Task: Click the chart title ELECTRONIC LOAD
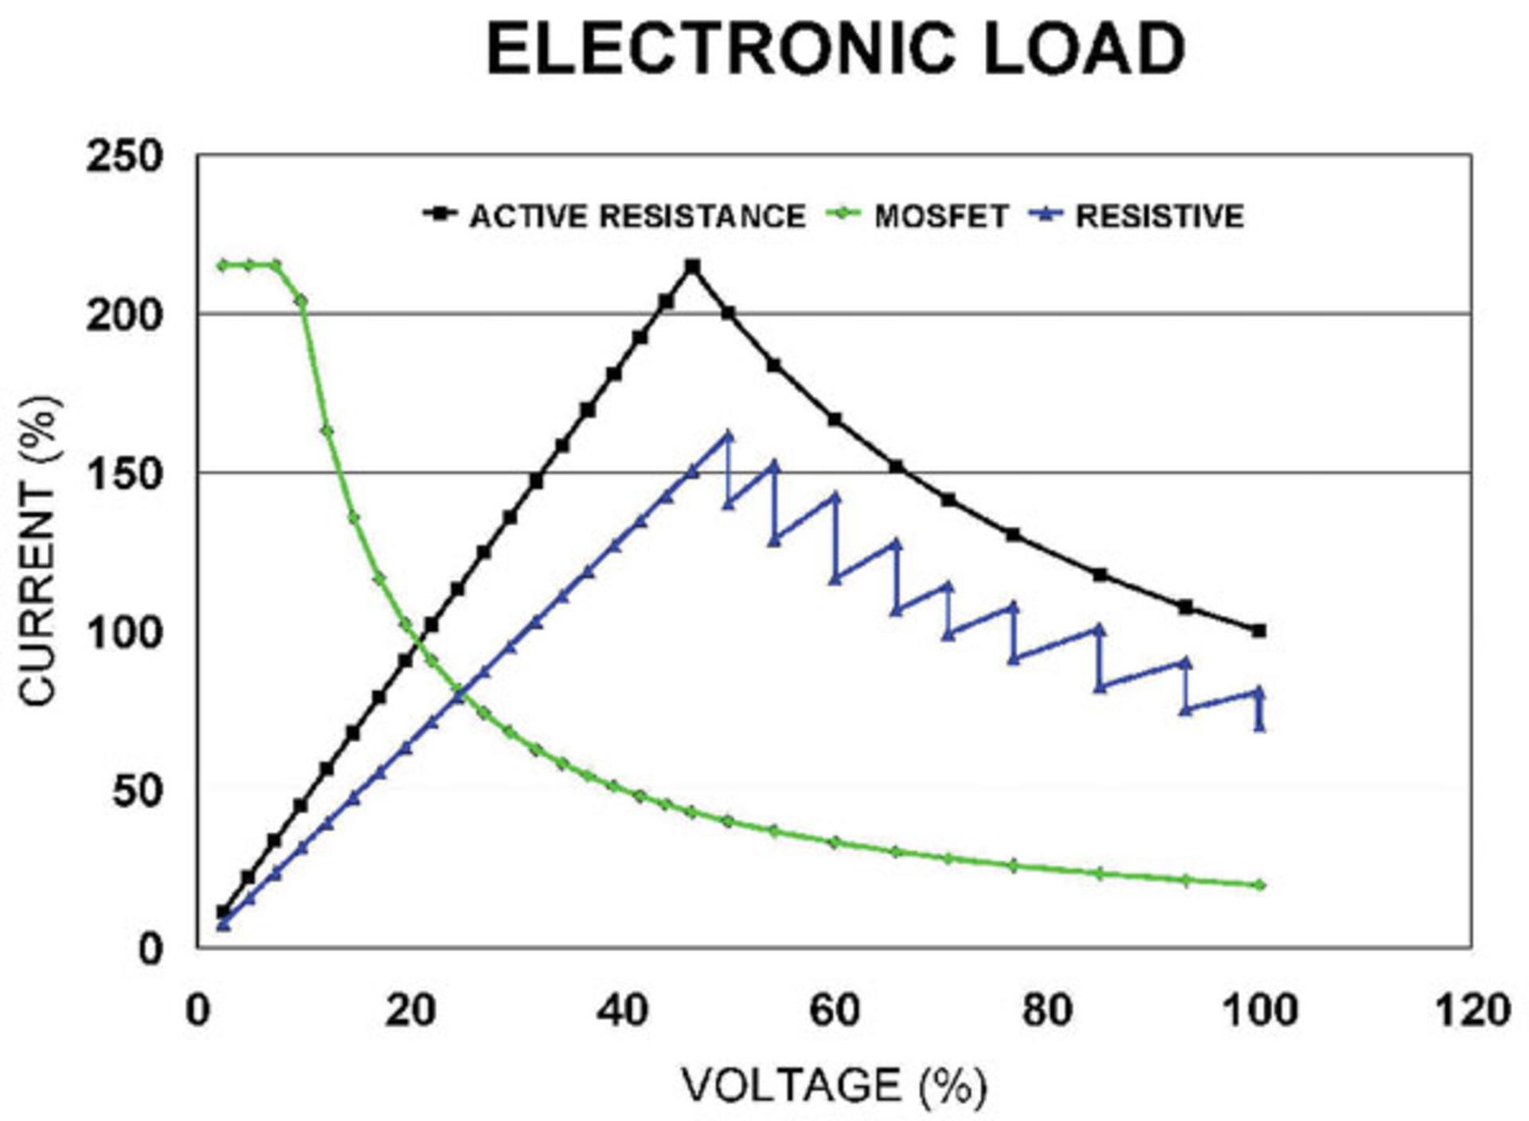tap(835, 49)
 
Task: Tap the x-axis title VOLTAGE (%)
tap(834, 1084)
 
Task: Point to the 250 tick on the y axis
tap(123, 157)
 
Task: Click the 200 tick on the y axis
tap(123, 315)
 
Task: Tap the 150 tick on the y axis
tap(123, 474)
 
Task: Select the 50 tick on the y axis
tap(137, 791)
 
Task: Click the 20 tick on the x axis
tap(410, 1011)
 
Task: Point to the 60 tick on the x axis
tap(835, 1011)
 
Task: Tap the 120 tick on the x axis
tap(1472, 1011)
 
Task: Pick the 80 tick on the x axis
tap(1046, 1011)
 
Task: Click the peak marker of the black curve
tap(693, 266)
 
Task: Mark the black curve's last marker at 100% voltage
tap(1259, 631)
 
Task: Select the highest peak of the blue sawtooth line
tap(727, 436)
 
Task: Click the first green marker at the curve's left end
tap(224, 265)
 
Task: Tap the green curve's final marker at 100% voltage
tap(1259, 885)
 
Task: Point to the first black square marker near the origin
tap(224, 912)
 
